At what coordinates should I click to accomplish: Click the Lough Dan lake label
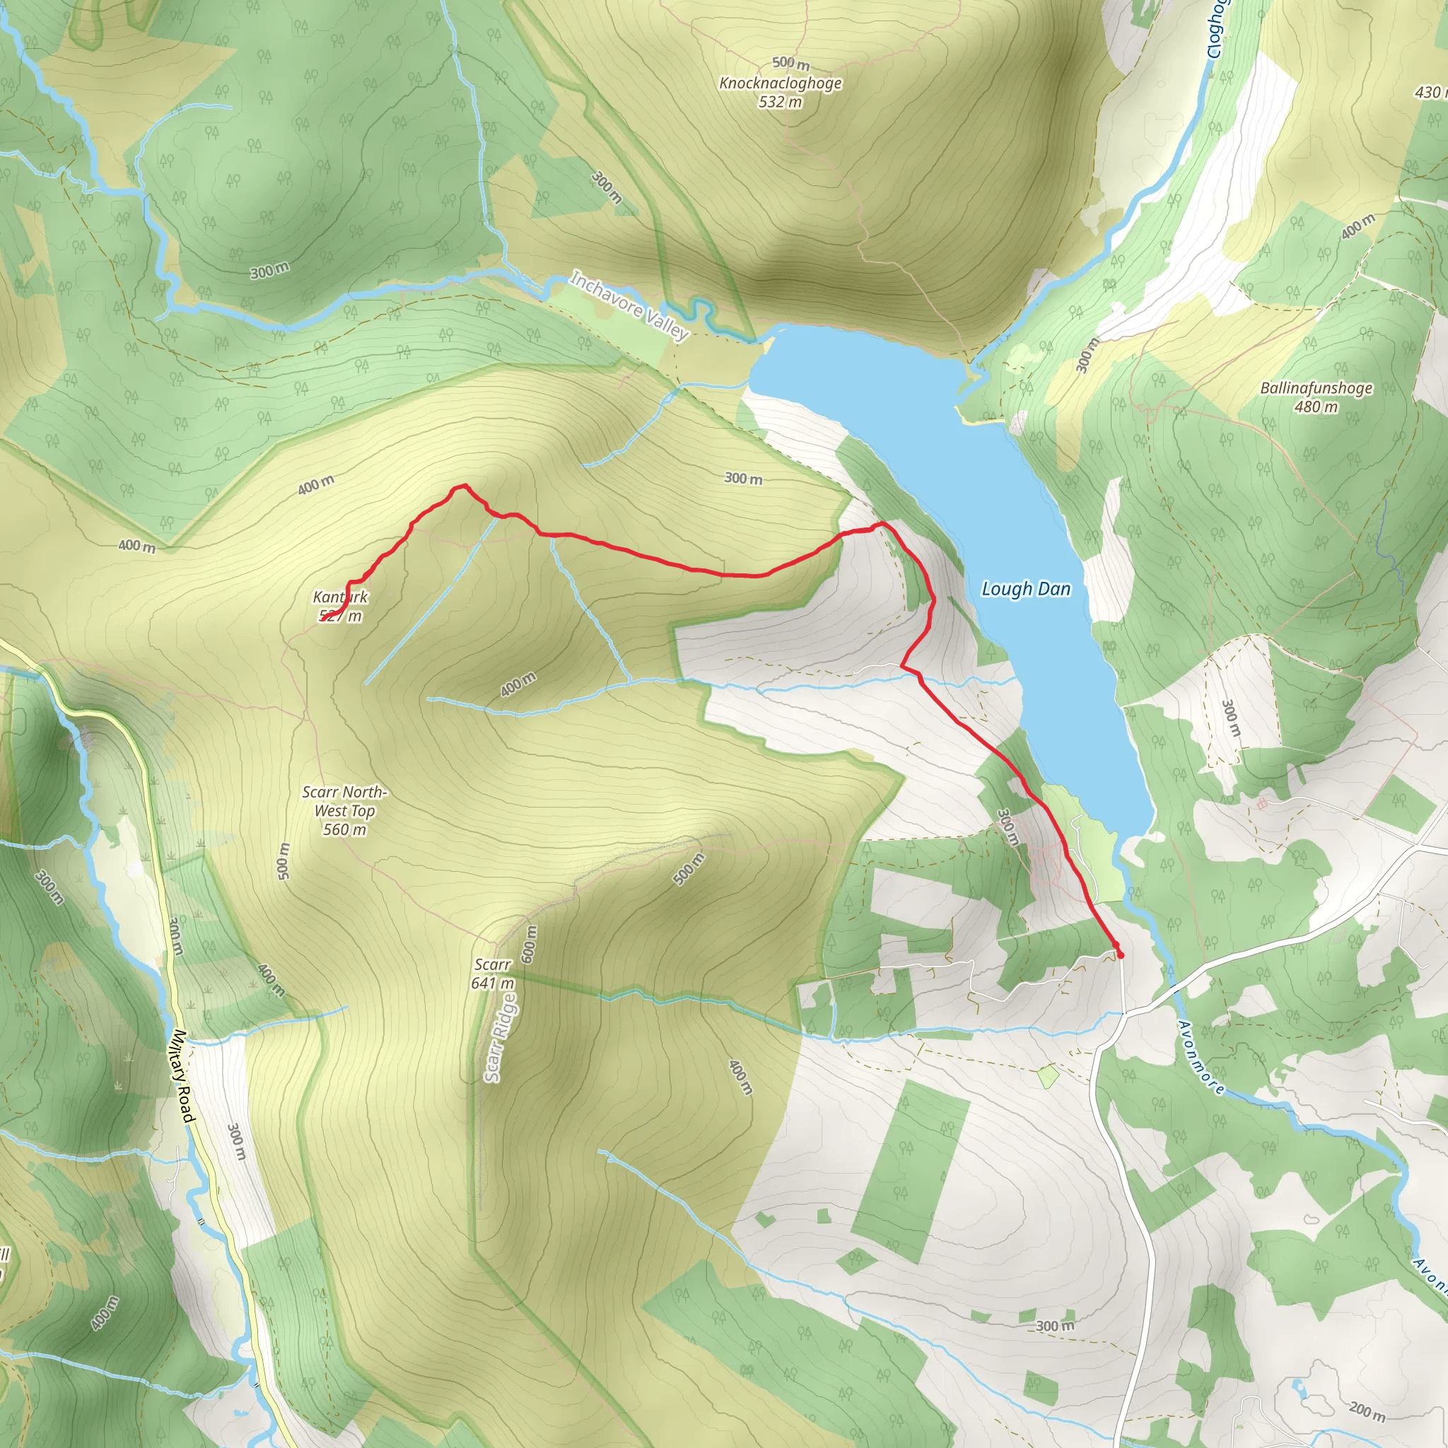(x=1025, y=589)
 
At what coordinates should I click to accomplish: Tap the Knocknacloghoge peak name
(x=781, y=83)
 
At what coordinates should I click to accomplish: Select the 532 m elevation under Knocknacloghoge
(x=781, y=102)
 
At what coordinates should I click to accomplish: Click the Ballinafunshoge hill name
(x=1315, y=388)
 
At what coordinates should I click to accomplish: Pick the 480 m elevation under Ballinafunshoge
(x=1315, y=407)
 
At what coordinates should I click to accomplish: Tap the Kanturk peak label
(x=340, y=597)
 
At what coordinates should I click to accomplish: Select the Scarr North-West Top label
(x=344, y=801)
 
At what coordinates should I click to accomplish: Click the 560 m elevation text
(x=345, y=829)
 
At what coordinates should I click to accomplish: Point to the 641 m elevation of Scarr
(x=492, y=983)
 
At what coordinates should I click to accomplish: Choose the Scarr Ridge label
(x=500, y=1037)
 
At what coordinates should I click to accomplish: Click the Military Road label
(x=180, y=1077)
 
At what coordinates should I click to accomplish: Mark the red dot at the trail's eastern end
(x=1121, y=954)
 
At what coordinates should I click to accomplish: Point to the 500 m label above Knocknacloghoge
(x=790, y=63)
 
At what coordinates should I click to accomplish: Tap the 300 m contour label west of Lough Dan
(x=743, y=478)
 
